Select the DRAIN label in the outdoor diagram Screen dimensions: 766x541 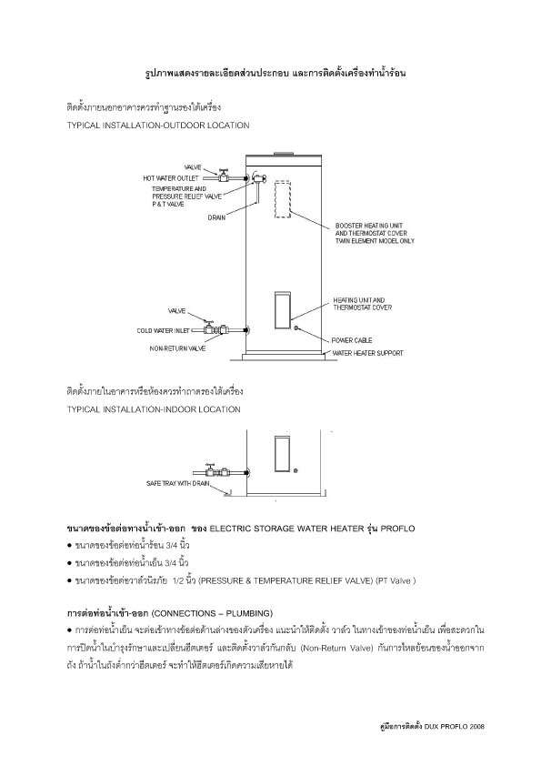[x=216, y=218]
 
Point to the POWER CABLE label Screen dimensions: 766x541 [x=351, y=339]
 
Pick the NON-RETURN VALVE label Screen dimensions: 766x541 [x=178, y=348]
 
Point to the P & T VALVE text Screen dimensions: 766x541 [x=166, y=205]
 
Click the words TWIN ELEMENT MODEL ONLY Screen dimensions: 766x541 [x=375, y=241]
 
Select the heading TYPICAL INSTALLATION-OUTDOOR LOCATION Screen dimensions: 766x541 [x=157, y=126]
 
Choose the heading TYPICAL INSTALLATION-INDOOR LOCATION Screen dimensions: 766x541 [x=154, y=409]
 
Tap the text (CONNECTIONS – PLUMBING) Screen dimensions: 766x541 [x=196, y=612]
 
